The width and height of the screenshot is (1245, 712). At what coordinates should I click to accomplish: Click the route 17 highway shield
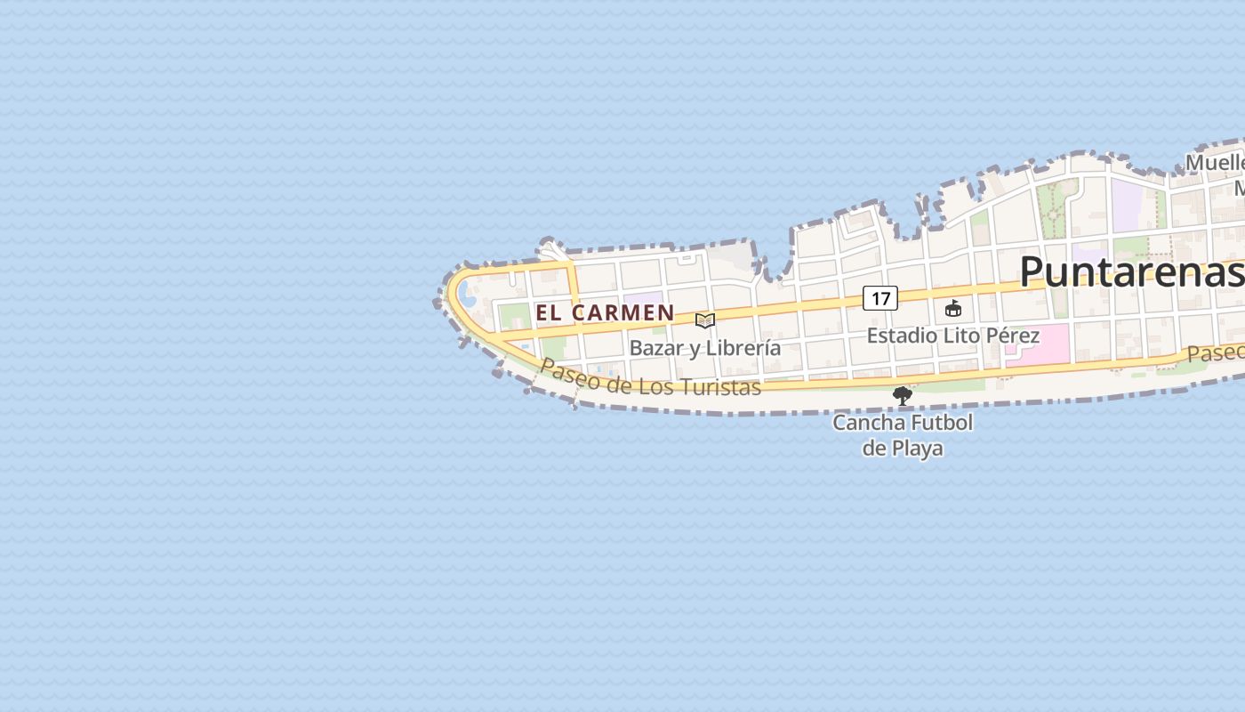coord(880,298)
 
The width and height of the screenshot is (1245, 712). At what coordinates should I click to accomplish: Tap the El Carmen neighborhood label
coord(605,312)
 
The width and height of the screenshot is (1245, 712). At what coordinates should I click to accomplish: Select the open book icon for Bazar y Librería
coord(705,320)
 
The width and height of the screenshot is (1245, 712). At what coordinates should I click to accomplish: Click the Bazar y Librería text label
coord(705,348)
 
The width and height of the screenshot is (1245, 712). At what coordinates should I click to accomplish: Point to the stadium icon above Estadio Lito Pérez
coord(953,309)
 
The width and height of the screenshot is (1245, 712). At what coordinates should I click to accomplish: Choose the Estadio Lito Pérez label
coord(952,336)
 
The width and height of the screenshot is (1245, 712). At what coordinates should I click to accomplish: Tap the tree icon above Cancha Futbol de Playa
coord(902,395)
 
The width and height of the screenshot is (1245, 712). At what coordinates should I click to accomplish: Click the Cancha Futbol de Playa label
coord(902,435)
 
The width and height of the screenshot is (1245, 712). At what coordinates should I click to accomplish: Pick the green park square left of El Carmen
coord(514,315)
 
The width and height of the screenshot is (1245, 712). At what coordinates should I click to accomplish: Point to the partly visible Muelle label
coord(1215,163)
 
